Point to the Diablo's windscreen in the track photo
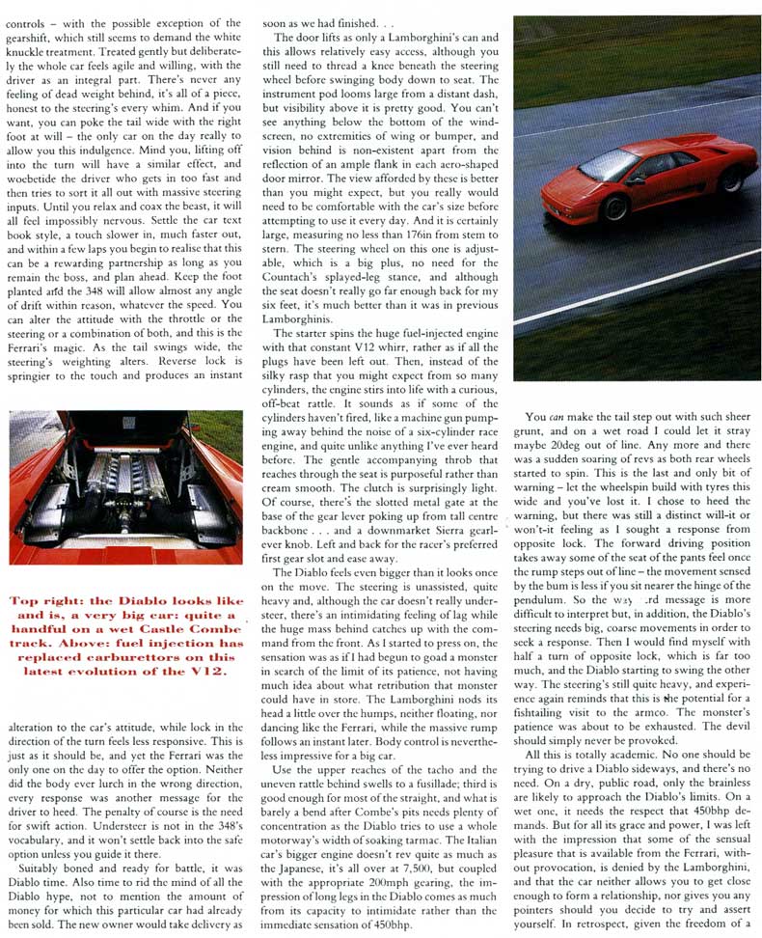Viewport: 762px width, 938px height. coord(609,161)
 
